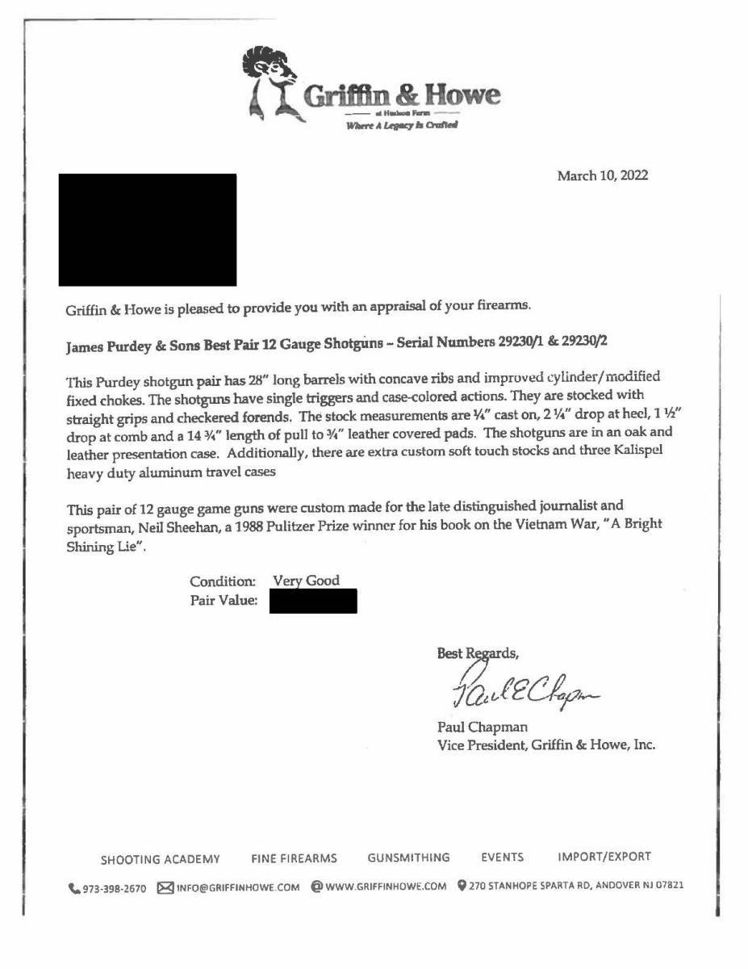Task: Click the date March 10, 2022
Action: click(x=602, y=176)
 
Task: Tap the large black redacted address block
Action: click(x=148, y=229)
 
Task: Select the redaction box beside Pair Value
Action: click(x=313, y=602)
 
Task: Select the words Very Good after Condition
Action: click(x=306, y=581)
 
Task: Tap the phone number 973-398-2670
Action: click(x=114, y=887)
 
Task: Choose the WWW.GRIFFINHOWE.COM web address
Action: click(x=385, y=887)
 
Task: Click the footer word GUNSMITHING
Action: click(x=408, y=858)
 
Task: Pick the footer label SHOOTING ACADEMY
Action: click(x=160, y=858)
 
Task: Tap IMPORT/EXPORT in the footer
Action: click(x=604, y=857)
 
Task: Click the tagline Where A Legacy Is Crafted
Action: click(x=402, y=125)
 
